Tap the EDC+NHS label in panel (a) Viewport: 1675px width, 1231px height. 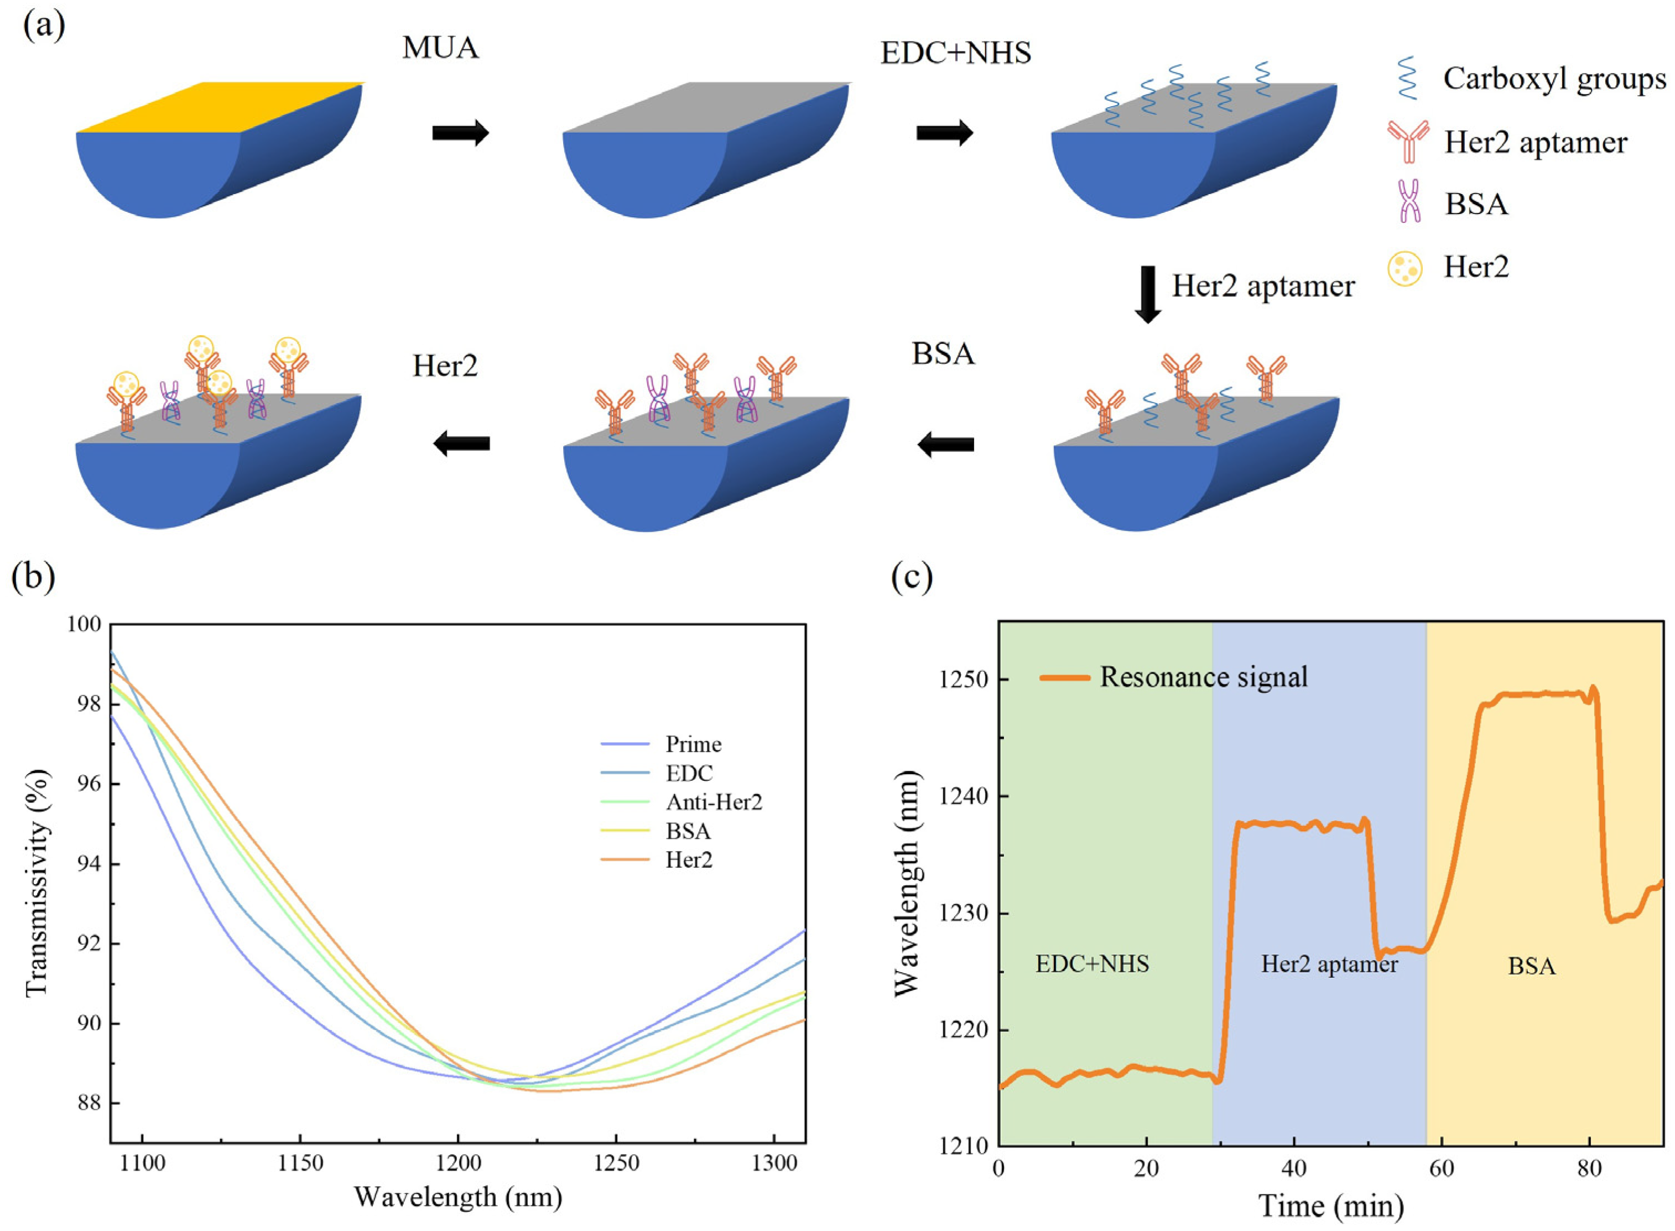pos(956,54)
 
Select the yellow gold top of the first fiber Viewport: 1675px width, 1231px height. pos(223,107)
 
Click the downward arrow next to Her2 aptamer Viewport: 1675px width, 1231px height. pos(1147,294)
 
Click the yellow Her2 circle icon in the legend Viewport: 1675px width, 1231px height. pos(1405,268)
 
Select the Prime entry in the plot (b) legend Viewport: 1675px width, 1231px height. pos(693,744)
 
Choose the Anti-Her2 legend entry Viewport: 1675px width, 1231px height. pos(714,802)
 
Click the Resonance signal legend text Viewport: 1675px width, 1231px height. pos(1203,676)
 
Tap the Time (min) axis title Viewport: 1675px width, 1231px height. pos(1330,1205)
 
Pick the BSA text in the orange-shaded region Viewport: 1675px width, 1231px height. pos(1531,967)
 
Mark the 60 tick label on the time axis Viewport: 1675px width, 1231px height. pos(1441,1167)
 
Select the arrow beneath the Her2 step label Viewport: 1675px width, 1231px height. pos(461,445)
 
